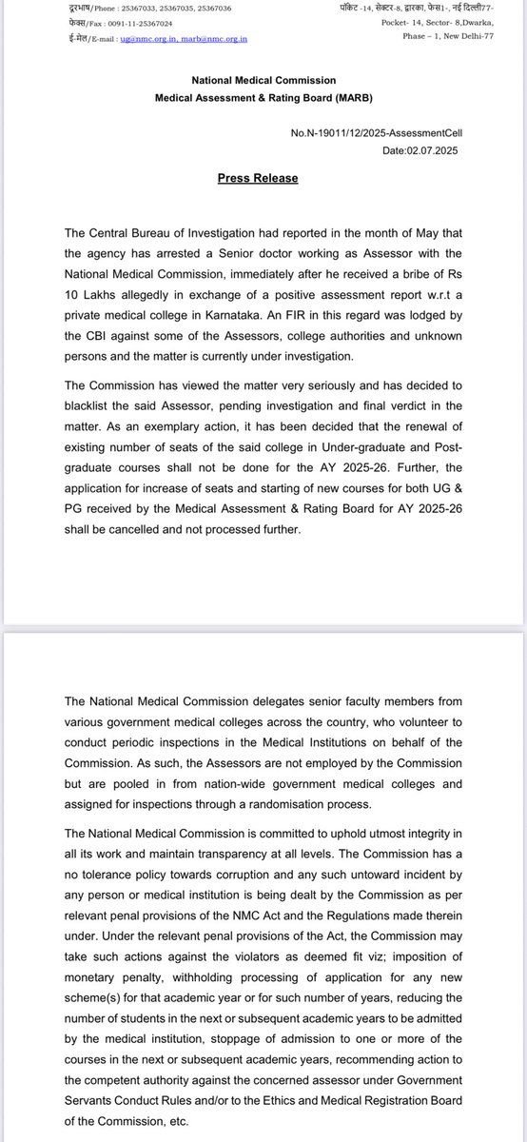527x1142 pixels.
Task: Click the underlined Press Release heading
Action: pos(258,178)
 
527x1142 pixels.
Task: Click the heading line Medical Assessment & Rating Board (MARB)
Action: pos(263,98)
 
